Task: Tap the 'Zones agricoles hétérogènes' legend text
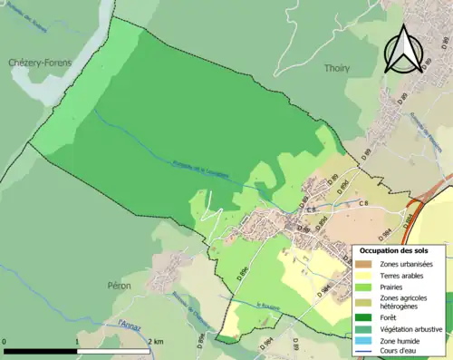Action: [403, 302]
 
